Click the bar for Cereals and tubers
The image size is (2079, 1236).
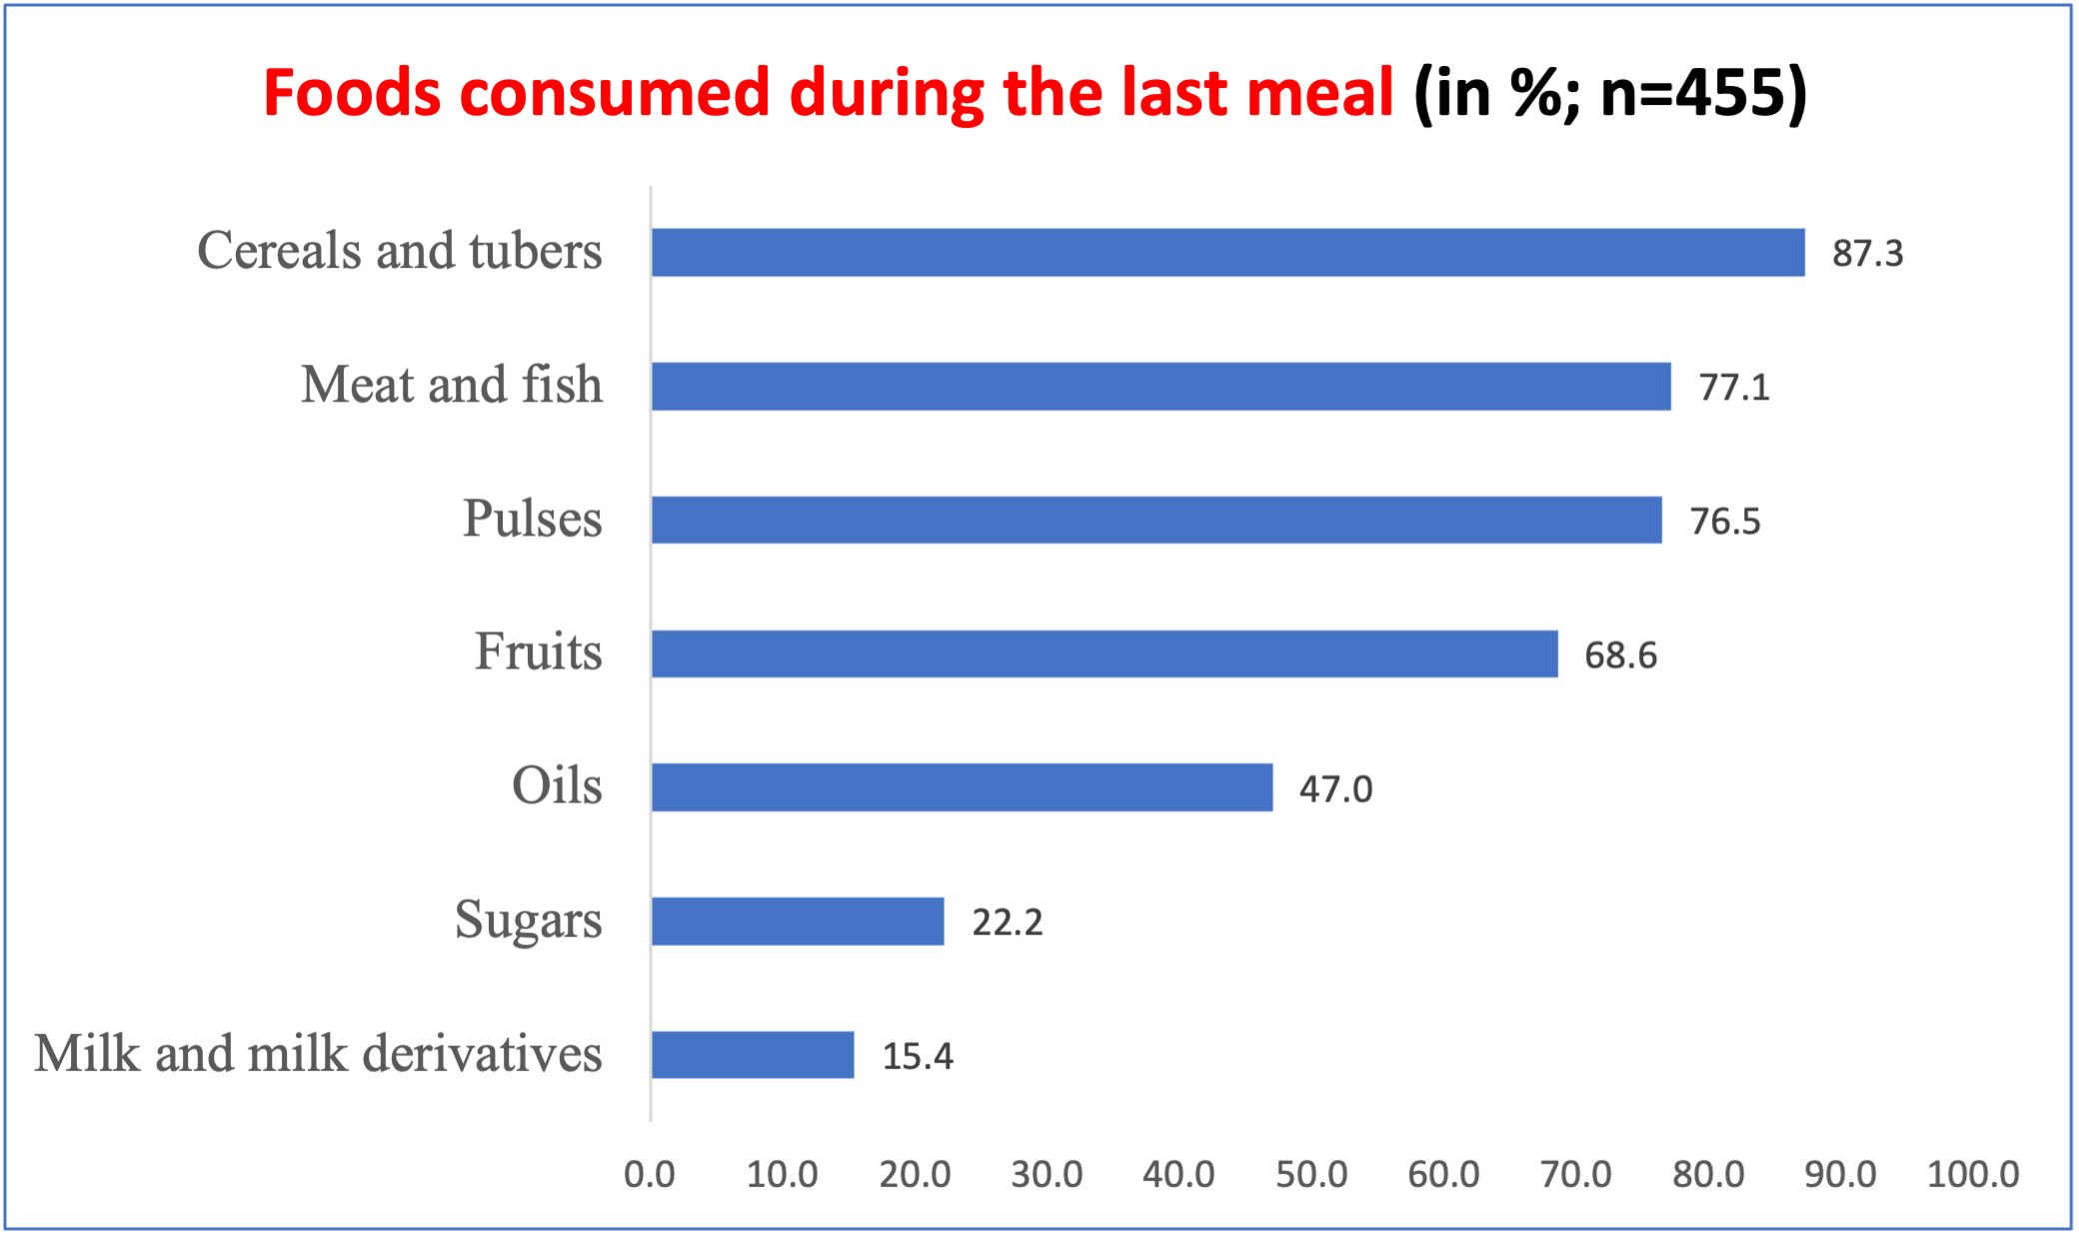[x=1227, y=252]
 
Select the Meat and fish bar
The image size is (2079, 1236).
[x=1160, y=386]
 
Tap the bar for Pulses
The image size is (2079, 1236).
[x=1156, y=520]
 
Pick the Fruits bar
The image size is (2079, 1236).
[x=1104, y=653]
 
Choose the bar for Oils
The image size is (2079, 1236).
[x=962, y=787]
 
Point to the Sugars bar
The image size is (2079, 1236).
[x=798, y=921]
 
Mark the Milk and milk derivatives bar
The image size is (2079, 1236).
[x=753, y=1055]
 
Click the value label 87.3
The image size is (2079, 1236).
[x=1867, y=254]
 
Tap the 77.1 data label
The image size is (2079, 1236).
[x=1734, y=388]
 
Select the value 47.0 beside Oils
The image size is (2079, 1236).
[x=1335, y=789]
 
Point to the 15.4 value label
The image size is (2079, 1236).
[x=918, y=1057]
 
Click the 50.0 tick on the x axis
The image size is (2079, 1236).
[x=1311, y=1174]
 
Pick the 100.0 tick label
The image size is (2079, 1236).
[x=1973, y=1174]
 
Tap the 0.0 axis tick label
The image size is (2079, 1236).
[x=650, y=1174]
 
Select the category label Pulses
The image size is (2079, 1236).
[x=533, y=519]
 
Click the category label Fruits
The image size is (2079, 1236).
[x=539, y=651]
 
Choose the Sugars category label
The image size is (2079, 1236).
[x=529, y=919]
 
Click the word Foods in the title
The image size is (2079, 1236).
[x=352, y=93]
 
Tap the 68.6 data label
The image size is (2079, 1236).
[x=1620, y=655]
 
